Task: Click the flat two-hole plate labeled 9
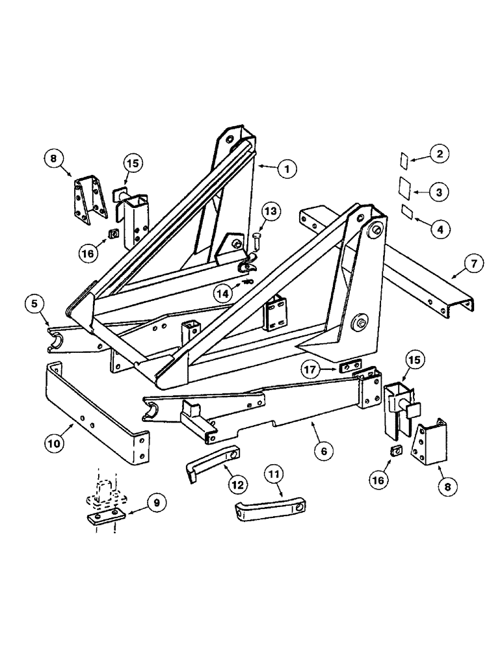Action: click(103, 516)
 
